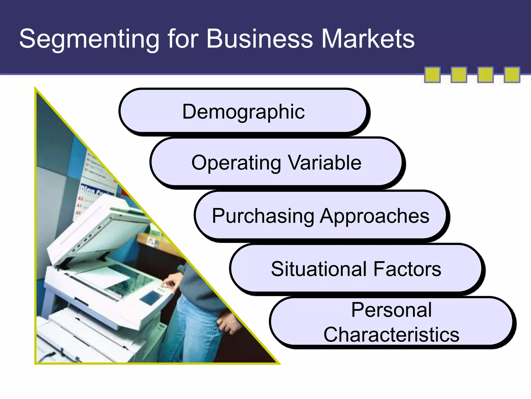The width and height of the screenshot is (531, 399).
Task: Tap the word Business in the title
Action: coord(260,39)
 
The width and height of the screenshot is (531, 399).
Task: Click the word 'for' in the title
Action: coord(183,39)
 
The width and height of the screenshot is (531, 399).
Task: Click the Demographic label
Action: coord(243,112)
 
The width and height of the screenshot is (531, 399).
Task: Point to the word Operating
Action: coord(236,163)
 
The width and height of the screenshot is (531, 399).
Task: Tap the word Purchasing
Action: coord(263,216)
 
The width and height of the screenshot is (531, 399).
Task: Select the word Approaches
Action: coord(374,216)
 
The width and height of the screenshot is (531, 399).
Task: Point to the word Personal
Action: coord(392,310)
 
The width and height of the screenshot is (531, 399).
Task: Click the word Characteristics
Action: coord(392,334)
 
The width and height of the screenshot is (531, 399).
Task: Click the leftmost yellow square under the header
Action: coord(432,75)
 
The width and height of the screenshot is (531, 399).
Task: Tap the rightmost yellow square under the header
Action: coord(512,75)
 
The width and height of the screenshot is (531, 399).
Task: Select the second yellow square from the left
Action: coord(459,75)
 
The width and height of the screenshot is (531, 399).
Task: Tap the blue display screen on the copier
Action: coord(150,298)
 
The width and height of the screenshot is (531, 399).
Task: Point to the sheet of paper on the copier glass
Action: coord(104,278)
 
